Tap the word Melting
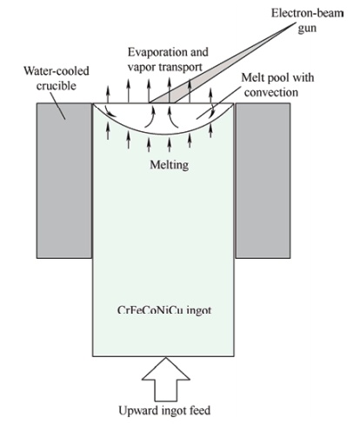tap(170, 165)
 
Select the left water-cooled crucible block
tap(64, 181)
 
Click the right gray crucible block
tap(263, 181)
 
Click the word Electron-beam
tap(307, 13)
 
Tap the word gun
tap(307, 29)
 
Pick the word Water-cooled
tap(57, 71)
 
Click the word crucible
tap(57, 86)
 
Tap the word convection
tap(271, 93)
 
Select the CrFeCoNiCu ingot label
tap(164, 310)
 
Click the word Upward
tap(135, 411)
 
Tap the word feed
tap(200, 410)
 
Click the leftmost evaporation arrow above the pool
tap(108, 95)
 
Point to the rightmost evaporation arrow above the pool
tap(210, 96)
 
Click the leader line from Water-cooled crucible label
tap(59, 105)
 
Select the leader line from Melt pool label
tap(219, 103)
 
